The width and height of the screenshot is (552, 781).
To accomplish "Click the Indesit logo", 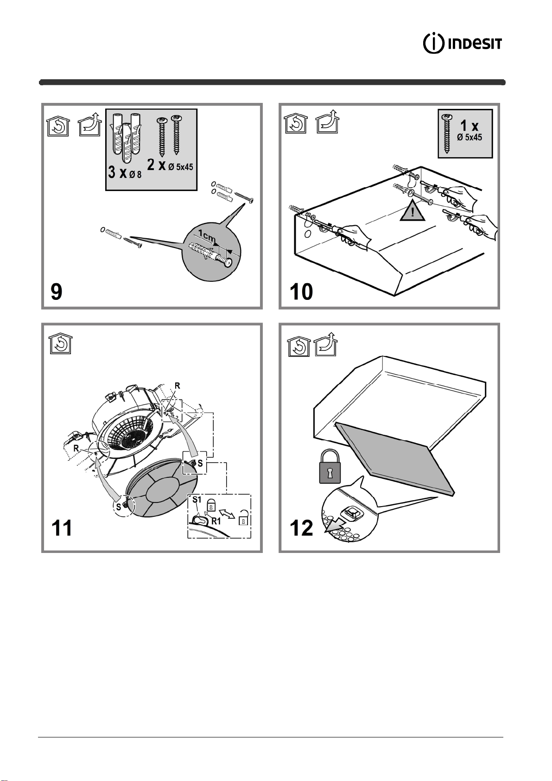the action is click(x=463, y=44).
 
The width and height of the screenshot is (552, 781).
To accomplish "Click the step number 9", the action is click(x=57, y=292).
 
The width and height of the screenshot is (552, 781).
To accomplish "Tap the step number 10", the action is click(x=301, y=292).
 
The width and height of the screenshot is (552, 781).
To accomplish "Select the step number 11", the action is click(x=62, y=528).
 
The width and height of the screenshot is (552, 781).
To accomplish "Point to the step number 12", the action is click(x=301, y=528).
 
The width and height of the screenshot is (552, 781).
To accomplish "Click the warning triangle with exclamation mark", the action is click(x=412, y=211).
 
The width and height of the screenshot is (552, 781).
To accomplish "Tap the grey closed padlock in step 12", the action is click(x=330, y=466).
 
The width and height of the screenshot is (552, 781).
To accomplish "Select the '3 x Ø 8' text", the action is click(x=125, y=172).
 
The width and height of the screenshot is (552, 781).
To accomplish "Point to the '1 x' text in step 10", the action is click(x=469, y=126).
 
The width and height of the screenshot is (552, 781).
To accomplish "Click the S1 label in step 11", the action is click(x=197, y=500).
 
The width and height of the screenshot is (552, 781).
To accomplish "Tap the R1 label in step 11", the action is click(x=216, y=521).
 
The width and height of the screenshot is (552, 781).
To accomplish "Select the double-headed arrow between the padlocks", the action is click(x=227, y=513).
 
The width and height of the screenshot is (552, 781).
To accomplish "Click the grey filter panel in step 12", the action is click(x=395, y=457).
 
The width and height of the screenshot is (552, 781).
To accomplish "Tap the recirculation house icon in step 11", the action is click(x=60, y=344).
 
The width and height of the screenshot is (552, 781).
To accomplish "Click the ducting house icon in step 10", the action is click(x=328, y=122).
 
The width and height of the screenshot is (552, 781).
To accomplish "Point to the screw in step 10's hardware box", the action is click(x=447, y=134).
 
